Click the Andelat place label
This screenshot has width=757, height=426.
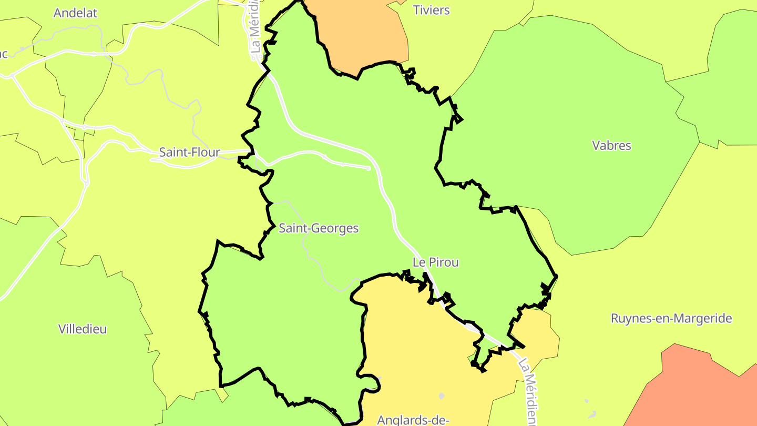(x=76, y=13)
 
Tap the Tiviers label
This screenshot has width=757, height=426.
(x=432, y=10)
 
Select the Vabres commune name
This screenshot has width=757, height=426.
(x=611, y=146)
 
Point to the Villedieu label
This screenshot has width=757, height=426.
(x=83, y=329)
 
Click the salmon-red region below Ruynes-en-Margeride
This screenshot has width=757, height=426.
(x=694, y=389)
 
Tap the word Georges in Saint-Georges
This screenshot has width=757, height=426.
(x=335, y=228)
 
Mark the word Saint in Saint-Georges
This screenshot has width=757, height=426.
(x=293, y=228)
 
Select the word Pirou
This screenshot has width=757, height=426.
(x=444, y=262)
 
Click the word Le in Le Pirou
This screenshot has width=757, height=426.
(x=418, y=262)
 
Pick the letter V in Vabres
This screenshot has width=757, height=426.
(x=596, y=146)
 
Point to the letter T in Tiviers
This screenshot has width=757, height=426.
(x=416, y=10)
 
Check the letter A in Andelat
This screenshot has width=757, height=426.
(x=57, y=13)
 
